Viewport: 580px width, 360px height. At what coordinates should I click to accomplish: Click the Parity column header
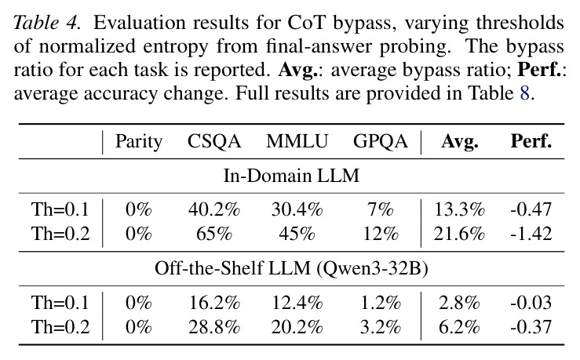pos(139,142)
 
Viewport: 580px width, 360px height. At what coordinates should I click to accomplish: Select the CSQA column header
pos(214,141)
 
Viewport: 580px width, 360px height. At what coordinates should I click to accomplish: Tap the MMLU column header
pos(297,141)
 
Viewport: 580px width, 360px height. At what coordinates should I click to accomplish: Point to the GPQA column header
pos(380,141)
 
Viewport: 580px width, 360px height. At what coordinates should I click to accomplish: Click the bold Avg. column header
pos(459,142)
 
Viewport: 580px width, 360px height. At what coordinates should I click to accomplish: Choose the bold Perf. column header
pos(531,141)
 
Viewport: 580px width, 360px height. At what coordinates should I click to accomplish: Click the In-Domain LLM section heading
pos(291,176)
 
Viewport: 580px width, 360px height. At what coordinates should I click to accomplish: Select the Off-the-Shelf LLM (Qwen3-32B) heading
pos(291,268)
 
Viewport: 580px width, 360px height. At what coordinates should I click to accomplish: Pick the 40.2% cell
pos(214,209)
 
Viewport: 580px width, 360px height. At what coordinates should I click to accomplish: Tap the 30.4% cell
pos(297,209)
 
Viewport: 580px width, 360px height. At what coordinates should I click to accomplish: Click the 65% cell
pos(214,234)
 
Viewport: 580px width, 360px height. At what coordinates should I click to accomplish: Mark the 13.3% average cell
pos(459,209)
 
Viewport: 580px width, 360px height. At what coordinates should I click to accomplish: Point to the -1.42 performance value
pos(531,234)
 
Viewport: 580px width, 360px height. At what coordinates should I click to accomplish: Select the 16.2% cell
pos(214,303)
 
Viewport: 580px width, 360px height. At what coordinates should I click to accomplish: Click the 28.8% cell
pos(214,327)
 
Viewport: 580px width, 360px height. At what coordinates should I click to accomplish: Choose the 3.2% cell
pos(380,327)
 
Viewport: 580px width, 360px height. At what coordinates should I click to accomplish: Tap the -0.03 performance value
pos(531,303)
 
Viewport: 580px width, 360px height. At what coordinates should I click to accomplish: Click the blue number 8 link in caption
pos(524,93)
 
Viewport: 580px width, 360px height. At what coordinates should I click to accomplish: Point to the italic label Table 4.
pos(47,23)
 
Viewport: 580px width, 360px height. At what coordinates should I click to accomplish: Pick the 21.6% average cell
pos(459,234)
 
